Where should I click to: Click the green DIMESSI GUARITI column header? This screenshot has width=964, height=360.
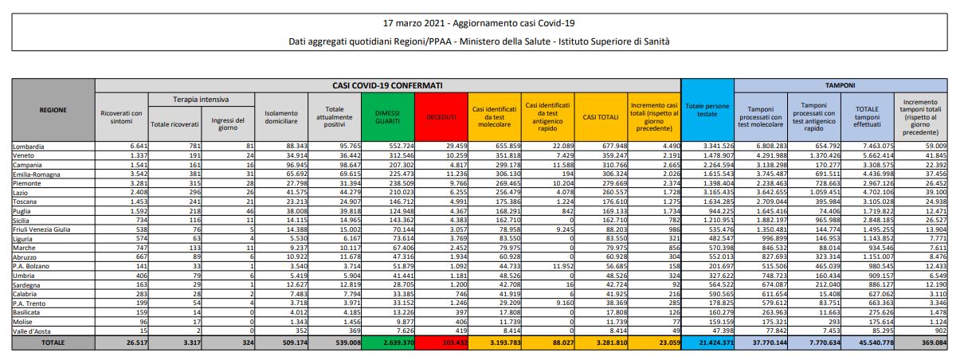coord(388,116)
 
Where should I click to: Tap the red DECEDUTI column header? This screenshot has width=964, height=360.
coord(441,116)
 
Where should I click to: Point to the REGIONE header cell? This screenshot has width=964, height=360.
coord(53,110)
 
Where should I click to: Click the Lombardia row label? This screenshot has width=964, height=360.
coord(28,147)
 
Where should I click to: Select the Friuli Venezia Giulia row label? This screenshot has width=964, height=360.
coord(42,229)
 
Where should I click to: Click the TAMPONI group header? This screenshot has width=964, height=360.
coord(841,84)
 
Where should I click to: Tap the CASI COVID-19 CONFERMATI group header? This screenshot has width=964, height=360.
coord(387,84)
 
